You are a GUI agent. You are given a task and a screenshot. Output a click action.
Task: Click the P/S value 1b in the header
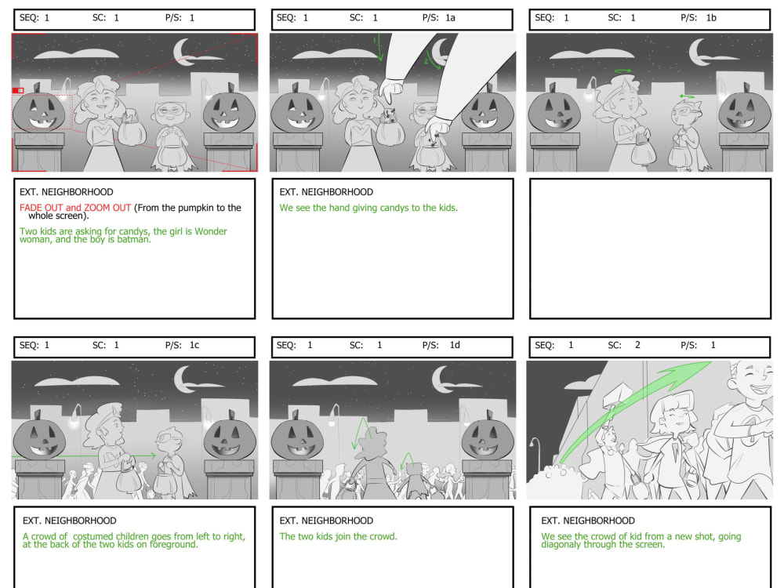pyautogui.click(x=710, y=18)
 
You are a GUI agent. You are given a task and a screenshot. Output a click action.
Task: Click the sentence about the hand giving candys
pyautogui.click(x=368, y=208)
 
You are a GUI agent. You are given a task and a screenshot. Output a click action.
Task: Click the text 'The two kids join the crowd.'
pyautogui.click(x=338, y=537)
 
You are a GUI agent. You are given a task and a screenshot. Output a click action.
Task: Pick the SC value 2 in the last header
pyautogui.click(x=637, y=345)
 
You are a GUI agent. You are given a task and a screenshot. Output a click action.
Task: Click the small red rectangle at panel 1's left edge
pyautogui.click(x=18, y=91)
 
